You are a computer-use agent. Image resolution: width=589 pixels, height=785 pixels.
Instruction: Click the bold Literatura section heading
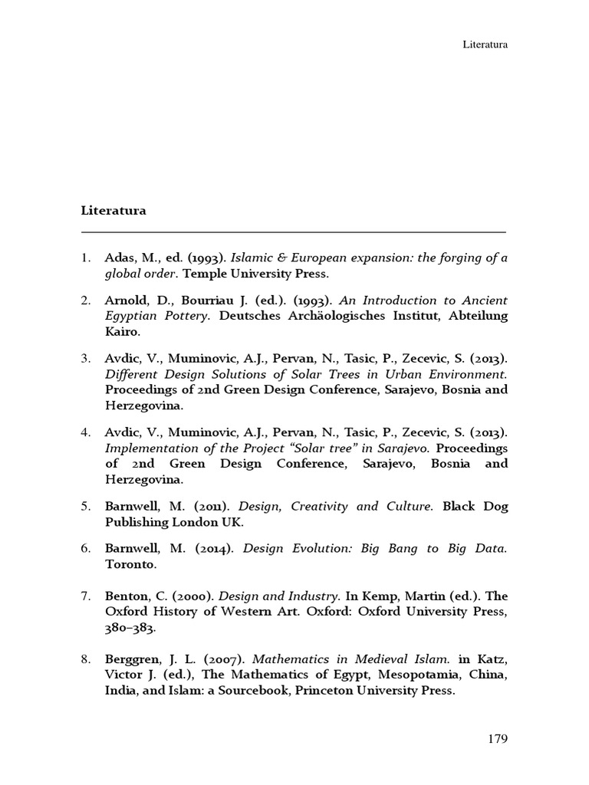point(114,210)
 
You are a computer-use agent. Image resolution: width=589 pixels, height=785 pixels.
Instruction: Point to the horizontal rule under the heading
point(294,232)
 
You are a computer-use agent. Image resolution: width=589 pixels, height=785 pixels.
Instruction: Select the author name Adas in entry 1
point(119,258)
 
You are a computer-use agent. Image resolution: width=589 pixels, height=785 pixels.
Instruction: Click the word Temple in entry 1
point(202,273)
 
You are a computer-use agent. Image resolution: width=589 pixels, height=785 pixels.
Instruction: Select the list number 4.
point(86,432)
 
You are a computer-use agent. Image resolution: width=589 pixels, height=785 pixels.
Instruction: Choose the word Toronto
point(130,564)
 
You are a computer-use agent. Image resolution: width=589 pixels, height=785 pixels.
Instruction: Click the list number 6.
point(86,550)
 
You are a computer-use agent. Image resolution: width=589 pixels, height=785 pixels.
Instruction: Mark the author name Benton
point(125,596)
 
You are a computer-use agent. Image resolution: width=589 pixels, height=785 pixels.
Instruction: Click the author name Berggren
point(131,659)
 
